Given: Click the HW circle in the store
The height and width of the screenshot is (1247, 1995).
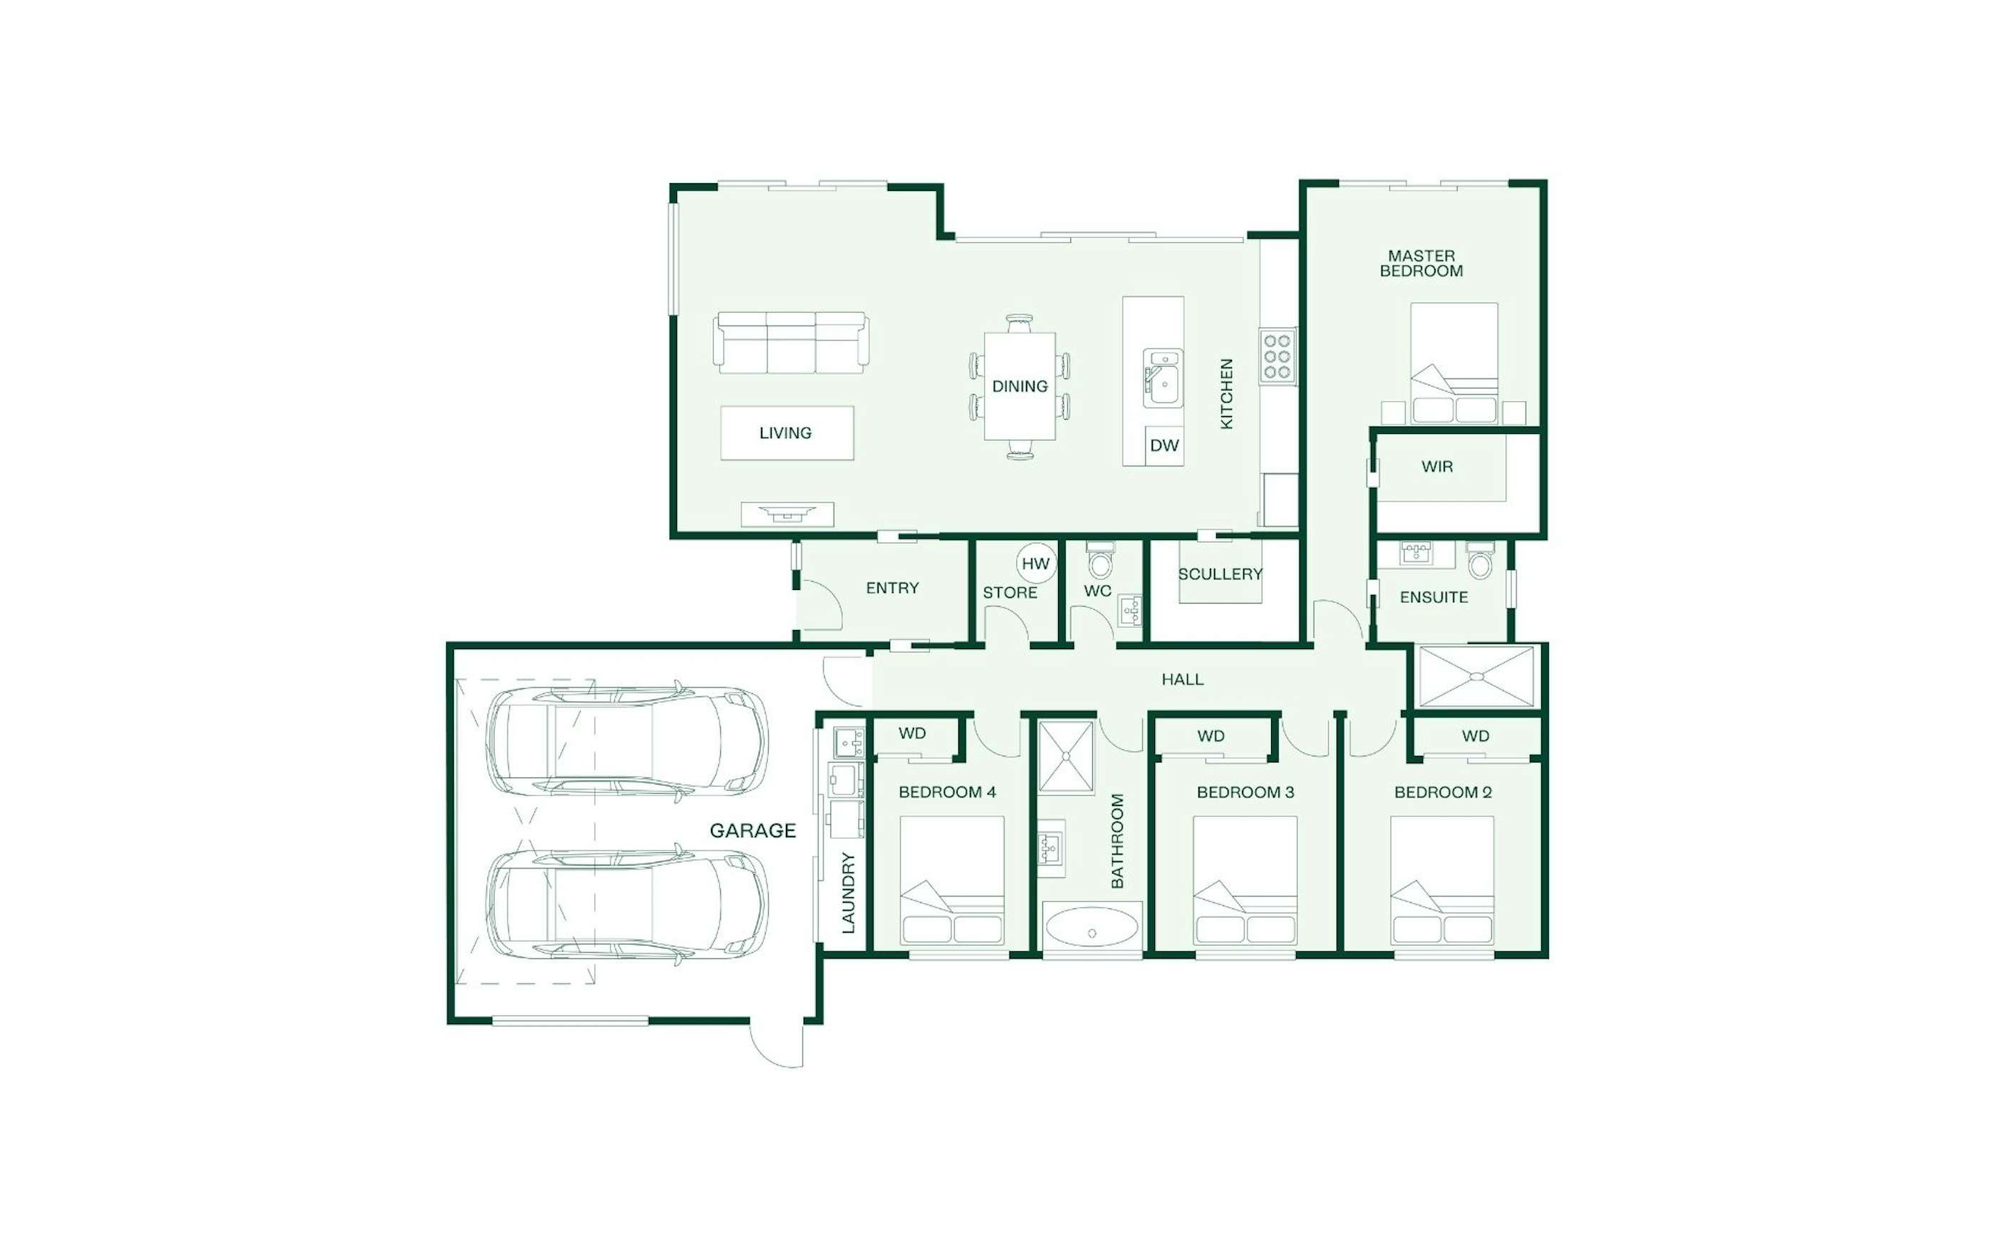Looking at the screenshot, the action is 1035,564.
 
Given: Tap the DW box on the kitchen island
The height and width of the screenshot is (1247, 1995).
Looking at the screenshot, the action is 1164,445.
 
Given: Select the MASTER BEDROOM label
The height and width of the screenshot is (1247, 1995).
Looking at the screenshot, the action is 1421,263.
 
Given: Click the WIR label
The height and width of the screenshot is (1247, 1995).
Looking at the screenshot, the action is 1437,466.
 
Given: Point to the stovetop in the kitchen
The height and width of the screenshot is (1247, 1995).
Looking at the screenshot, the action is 1277,356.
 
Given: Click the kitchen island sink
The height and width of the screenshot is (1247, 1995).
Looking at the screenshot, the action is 1162,378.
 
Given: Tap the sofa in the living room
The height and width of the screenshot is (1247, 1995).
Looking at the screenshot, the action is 791,342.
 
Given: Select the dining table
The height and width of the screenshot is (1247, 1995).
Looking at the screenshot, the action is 1020,386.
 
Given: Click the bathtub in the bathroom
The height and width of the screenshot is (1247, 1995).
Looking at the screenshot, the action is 1092,928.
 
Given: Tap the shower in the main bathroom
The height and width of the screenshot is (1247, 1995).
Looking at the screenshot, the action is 1066,756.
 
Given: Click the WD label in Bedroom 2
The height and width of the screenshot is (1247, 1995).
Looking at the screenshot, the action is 1476,735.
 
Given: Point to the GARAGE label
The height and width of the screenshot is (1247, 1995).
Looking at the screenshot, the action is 752,831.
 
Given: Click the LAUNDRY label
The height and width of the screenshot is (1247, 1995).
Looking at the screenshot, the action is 849,893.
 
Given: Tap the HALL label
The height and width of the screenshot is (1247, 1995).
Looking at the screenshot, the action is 1182,680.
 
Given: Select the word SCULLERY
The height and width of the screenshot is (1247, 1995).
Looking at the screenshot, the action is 1220,574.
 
